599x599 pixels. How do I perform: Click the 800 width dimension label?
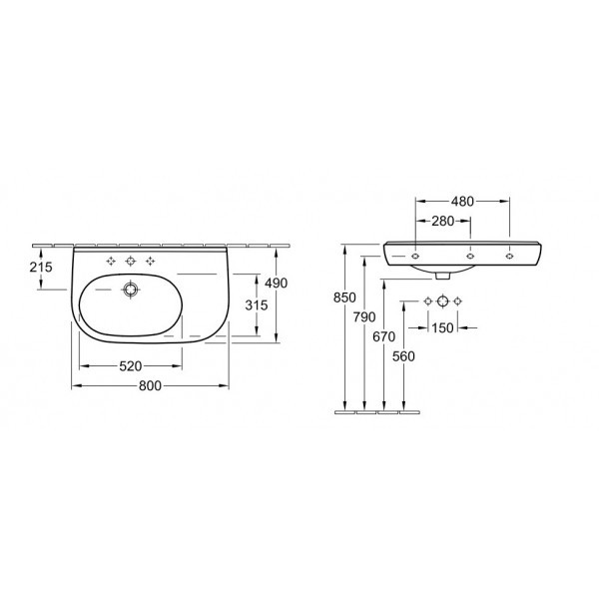click(x=150, y=385)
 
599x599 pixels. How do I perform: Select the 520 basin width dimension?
click(x=131, y=366)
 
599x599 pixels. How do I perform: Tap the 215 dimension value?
click(x=41, y=267)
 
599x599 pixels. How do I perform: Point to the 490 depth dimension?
click(x=277, y=284)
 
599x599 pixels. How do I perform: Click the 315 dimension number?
click(x=257, y=305)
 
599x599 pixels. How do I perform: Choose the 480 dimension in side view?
click(x=462, y=202)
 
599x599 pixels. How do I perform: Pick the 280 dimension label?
click(x=443, y=221)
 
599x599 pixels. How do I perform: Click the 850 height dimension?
click(x=344, y=298)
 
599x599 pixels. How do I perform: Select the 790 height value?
click(x=364, y=317)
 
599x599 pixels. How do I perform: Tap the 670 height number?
click(x=384, y=336)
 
